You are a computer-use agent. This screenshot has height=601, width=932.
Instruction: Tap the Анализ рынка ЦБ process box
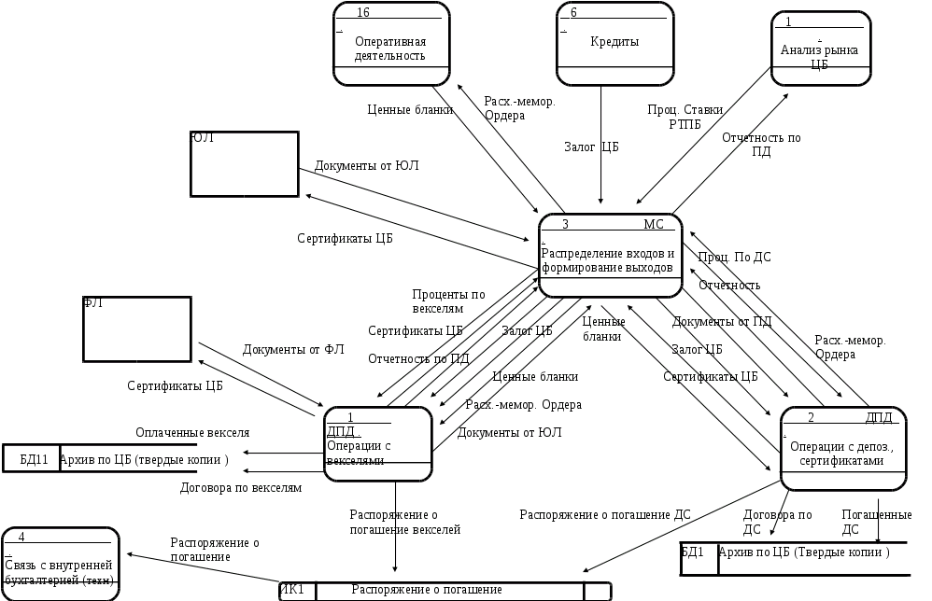pyautogui.click(x=825, y=49)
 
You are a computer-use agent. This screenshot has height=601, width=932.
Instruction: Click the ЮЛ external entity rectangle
pyautogui.click(x=244, y=163)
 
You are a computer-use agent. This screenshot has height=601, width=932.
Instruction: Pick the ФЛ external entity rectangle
pyautogui.click(x=137, y=328)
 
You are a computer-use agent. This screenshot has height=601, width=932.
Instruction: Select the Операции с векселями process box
pyautogui.click(x=377, y=443)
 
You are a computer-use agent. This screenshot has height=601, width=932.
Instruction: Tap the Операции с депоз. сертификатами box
pyautogui.click(x=841, y=448)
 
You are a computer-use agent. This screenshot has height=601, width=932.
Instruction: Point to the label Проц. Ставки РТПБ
pyautogui.click(x=685, y=116)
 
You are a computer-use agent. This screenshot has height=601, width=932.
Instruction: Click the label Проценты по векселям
pyautogui.click(x=449, y=300)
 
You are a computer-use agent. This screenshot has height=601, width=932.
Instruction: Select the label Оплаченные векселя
pyautogui.click(x=192, y=432)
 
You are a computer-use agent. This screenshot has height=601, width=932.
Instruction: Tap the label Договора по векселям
pyautogui.click(x=240, y=487)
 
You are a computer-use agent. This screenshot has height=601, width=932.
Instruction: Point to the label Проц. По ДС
pyautogui.click(x=735, y=256)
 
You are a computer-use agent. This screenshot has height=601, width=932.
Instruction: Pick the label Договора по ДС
pyautogui.click(x=778, y=520)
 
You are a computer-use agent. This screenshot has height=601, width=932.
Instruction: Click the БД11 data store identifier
pyautogui.click(x=31, y=459)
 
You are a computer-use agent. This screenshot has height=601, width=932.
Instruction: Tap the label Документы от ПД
pyautogui.click(x=722, y=322)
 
